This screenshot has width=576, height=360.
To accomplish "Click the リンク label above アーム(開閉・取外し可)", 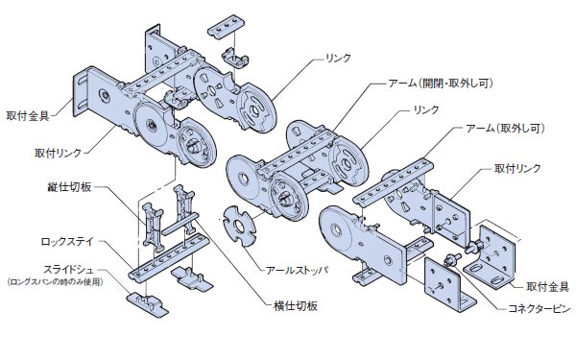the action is pos(338,58).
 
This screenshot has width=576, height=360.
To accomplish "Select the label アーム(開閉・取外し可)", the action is pos(441,84).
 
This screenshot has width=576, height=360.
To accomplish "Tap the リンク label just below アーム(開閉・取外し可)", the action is pos(426,109).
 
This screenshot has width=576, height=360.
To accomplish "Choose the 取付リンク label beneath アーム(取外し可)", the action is pos(517,168).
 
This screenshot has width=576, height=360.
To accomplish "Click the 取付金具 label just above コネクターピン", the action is pos(547,286).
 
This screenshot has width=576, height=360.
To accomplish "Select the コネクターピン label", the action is pos(540,308).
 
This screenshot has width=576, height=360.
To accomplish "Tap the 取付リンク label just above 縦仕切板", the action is pos(58,153).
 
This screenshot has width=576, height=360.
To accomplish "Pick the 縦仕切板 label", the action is pos(69,187).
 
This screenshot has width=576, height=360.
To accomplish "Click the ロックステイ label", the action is pos(67,242).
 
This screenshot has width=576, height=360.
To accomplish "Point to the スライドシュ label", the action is pos(69,270).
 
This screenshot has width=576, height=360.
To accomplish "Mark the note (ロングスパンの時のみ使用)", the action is pos(55,282).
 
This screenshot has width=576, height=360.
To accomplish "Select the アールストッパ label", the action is pos(297,271).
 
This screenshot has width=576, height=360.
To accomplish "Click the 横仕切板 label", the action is pos(296,305).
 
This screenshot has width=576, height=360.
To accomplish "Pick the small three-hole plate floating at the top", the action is pos(227,26).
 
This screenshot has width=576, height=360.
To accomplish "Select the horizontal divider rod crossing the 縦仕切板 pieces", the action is pos(180,224).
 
